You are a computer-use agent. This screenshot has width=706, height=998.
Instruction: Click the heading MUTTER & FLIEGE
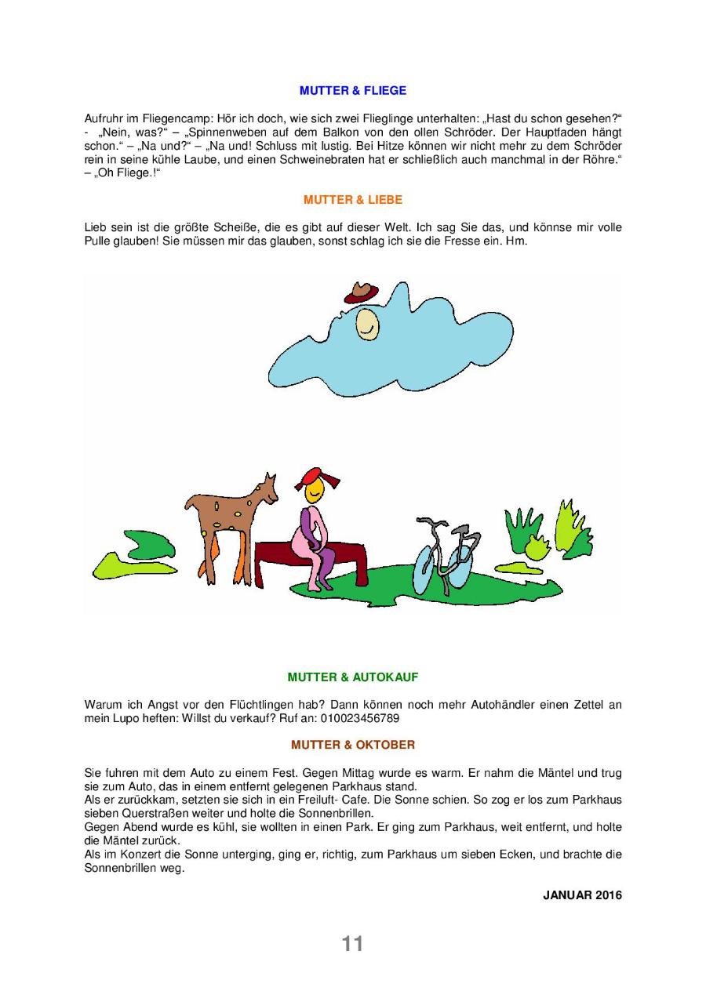pos(353,91)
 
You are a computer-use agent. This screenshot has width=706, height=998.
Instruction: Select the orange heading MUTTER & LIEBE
pos(353,200)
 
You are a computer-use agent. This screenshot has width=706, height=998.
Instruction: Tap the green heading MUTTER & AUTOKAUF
pos(353,677)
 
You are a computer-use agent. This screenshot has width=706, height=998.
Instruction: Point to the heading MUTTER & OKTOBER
pos(353,745)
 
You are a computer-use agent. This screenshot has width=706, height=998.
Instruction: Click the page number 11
pos(352,944)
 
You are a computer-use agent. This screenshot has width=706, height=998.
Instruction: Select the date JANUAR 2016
pos(582,895)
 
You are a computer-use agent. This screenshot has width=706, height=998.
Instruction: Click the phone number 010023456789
pos(365,717)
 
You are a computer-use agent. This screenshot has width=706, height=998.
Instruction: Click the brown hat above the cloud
pos(361,292)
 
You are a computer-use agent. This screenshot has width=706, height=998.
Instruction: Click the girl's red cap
pos(311,478)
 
